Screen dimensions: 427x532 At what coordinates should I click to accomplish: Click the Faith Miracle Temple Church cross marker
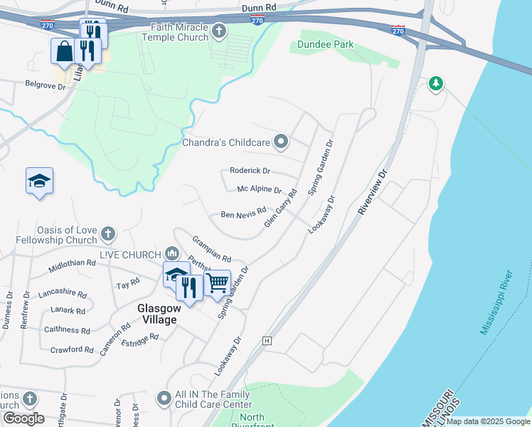(219, 31)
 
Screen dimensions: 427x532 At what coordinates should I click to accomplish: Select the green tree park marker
(435, 84)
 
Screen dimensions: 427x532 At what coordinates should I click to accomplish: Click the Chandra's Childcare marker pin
(281, 142)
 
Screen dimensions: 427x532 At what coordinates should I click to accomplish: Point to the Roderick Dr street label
(250, 171)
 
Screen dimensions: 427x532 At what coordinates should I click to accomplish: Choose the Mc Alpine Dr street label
(260, 190)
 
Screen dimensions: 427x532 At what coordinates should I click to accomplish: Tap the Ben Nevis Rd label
(243, 213)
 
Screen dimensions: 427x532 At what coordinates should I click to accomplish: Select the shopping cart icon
(217, 283)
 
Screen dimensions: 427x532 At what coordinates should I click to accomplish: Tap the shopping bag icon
(64, 51)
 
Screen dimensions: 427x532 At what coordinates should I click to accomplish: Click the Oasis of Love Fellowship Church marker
(107, 233)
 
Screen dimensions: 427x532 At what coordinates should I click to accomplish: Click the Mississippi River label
(496, 302)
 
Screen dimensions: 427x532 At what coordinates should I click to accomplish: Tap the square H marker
(267, 341)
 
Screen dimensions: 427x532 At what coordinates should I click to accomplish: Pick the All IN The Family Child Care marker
(164, 398)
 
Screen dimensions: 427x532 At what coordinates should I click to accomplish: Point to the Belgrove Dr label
(46, 86)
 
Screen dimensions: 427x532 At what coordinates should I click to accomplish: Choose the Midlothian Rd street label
(72, 265)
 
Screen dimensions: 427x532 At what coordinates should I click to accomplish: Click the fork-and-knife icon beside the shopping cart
(188, 287)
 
